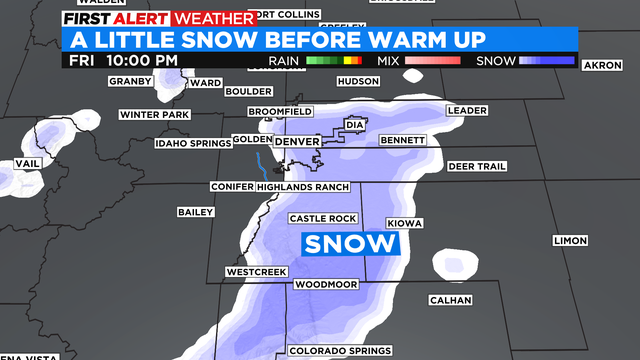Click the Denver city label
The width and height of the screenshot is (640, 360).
[297, 143]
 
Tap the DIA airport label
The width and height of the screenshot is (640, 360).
[353, 125]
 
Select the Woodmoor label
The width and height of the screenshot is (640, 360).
[325, 284]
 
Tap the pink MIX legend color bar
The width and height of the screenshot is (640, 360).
[431, 61]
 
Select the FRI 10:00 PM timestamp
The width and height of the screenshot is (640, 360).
[124, 60]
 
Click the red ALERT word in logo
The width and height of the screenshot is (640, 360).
[143, 18]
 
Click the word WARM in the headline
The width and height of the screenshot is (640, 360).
[430, 40]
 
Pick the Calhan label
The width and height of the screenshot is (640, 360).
[450, 300]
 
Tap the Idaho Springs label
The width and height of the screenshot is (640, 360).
[192, 144]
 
